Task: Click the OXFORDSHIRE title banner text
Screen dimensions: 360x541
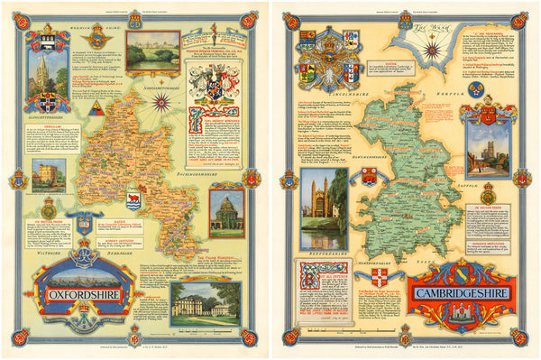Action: [x=74, y=291]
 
